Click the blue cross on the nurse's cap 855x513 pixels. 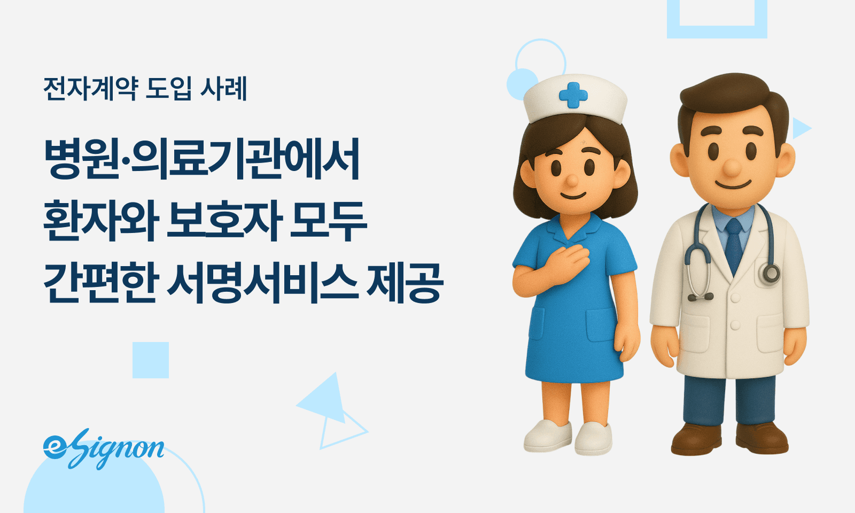[x=573, y=95]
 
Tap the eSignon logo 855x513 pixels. [x=104, y=449]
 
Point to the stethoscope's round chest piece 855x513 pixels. [x=770, y=274]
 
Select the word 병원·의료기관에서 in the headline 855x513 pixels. [x=202, y=159]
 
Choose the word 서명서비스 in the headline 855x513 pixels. [x=262, y=283]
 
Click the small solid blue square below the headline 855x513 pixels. [x=151, y=360]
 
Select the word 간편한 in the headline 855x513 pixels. [x=99, y=283]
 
